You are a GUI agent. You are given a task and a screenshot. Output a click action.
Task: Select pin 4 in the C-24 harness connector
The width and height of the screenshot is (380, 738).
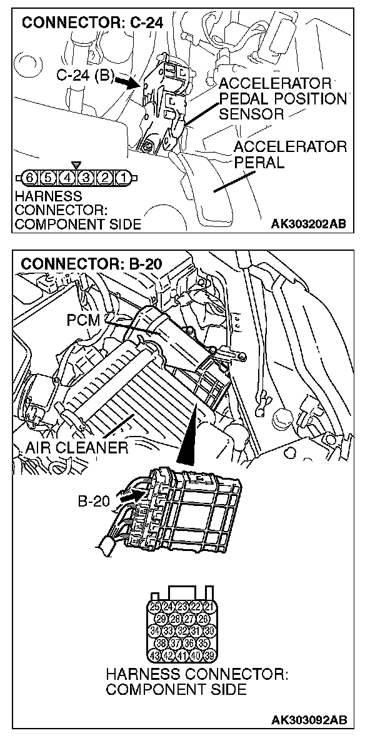coord(67,178)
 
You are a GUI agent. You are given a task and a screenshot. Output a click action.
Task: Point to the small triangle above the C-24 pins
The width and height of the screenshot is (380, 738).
coord(76,165)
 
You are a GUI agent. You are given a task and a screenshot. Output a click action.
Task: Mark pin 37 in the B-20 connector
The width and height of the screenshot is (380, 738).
coord(174,644)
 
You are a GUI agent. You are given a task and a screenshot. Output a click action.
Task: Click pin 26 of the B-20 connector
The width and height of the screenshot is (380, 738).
coord(202,619)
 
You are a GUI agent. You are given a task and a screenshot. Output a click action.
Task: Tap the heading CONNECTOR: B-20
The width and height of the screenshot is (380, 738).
coord(92,263)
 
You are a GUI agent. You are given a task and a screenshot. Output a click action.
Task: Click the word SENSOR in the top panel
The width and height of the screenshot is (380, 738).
coord(251,114)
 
